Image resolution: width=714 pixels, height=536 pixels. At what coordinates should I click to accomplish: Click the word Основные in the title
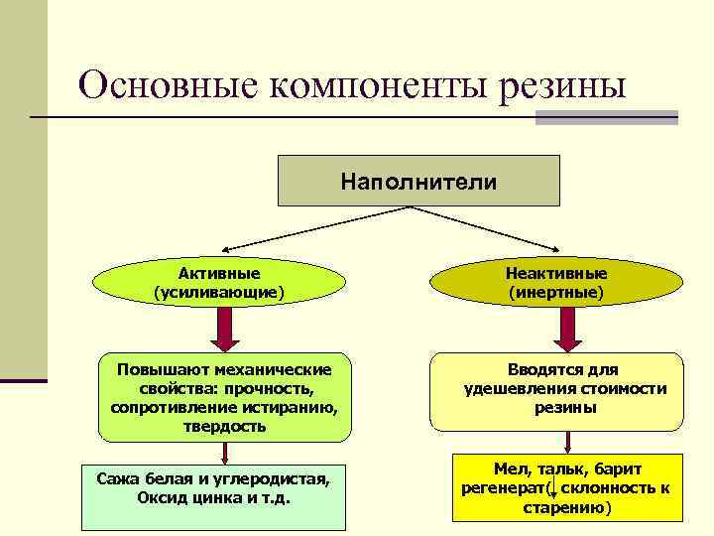point(167,86)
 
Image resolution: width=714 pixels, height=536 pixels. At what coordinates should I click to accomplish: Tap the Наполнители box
point(418,181)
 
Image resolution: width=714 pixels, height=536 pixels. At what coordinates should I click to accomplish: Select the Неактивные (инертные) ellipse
point(556,282)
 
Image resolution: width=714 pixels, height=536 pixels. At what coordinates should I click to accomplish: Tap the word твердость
point(224,426)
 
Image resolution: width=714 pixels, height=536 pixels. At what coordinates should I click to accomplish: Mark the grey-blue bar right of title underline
point(606,117)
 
